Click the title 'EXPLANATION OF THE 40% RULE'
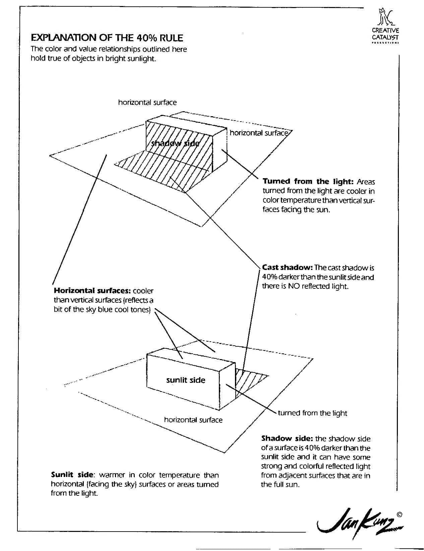pos(107,37)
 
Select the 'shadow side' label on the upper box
pos(175,143)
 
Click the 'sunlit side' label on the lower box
pos(185,380)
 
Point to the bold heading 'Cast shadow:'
pos(287,267)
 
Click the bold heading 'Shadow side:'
pos(287,438)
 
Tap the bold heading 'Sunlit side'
pos(72,475)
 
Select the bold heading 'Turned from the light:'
pos(308,182)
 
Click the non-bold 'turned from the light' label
pos(312,413)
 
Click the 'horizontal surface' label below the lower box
pos(193,420)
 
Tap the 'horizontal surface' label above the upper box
pos(147,102)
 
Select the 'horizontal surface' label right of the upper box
pos(258,133)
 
